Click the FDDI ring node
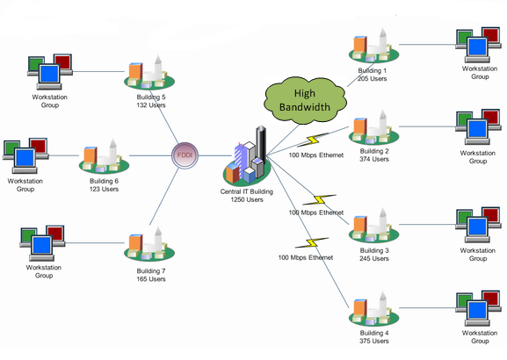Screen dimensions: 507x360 tap(185, 155)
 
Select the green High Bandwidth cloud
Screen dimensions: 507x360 tap(305, 100)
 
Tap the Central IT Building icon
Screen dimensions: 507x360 tap(248, 156)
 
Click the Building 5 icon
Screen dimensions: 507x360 tap(149, 73)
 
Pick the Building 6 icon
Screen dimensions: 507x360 tap(104, 157)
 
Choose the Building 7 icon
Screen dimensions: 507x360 tap(149, 244)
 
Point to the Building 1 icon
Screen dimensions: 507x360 tap(373, 46)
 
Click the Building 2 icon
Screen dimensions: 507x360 tap(373, 127)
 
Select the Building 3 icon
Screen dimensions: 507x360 tap(373, 226)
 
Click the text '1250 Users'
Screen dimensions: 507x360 tap(247, 199)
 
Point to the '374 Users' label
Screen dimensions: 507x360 tap(374, 159)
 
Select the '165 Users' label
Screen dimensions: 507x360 tap(151, 279)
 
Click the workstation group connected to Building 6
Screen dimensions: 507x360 tap(25, 155)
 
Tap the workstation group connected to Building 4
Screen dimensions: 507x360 tap(478, 308)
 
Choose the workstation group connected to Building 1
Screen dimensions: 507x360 tap(478, 45)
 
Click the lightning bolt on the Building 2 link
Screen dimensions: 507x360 tap(313, 140)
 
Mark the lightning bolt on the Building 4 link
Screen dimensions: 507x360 tap(312, 242)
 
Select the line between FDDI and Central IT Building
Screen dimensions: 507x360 tap(214, 155)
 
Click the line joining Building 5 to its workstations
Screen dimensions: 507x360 tap(98, 71)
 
